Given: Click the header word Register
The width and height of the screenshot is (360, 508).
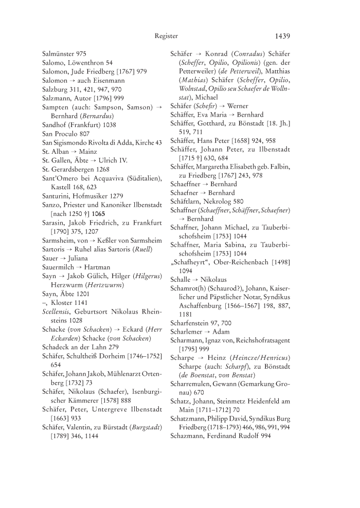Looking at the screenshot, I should tap(166, 36).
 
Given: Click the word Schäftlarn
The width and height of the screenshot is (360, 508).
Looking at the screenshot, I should tap(188, 201).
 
